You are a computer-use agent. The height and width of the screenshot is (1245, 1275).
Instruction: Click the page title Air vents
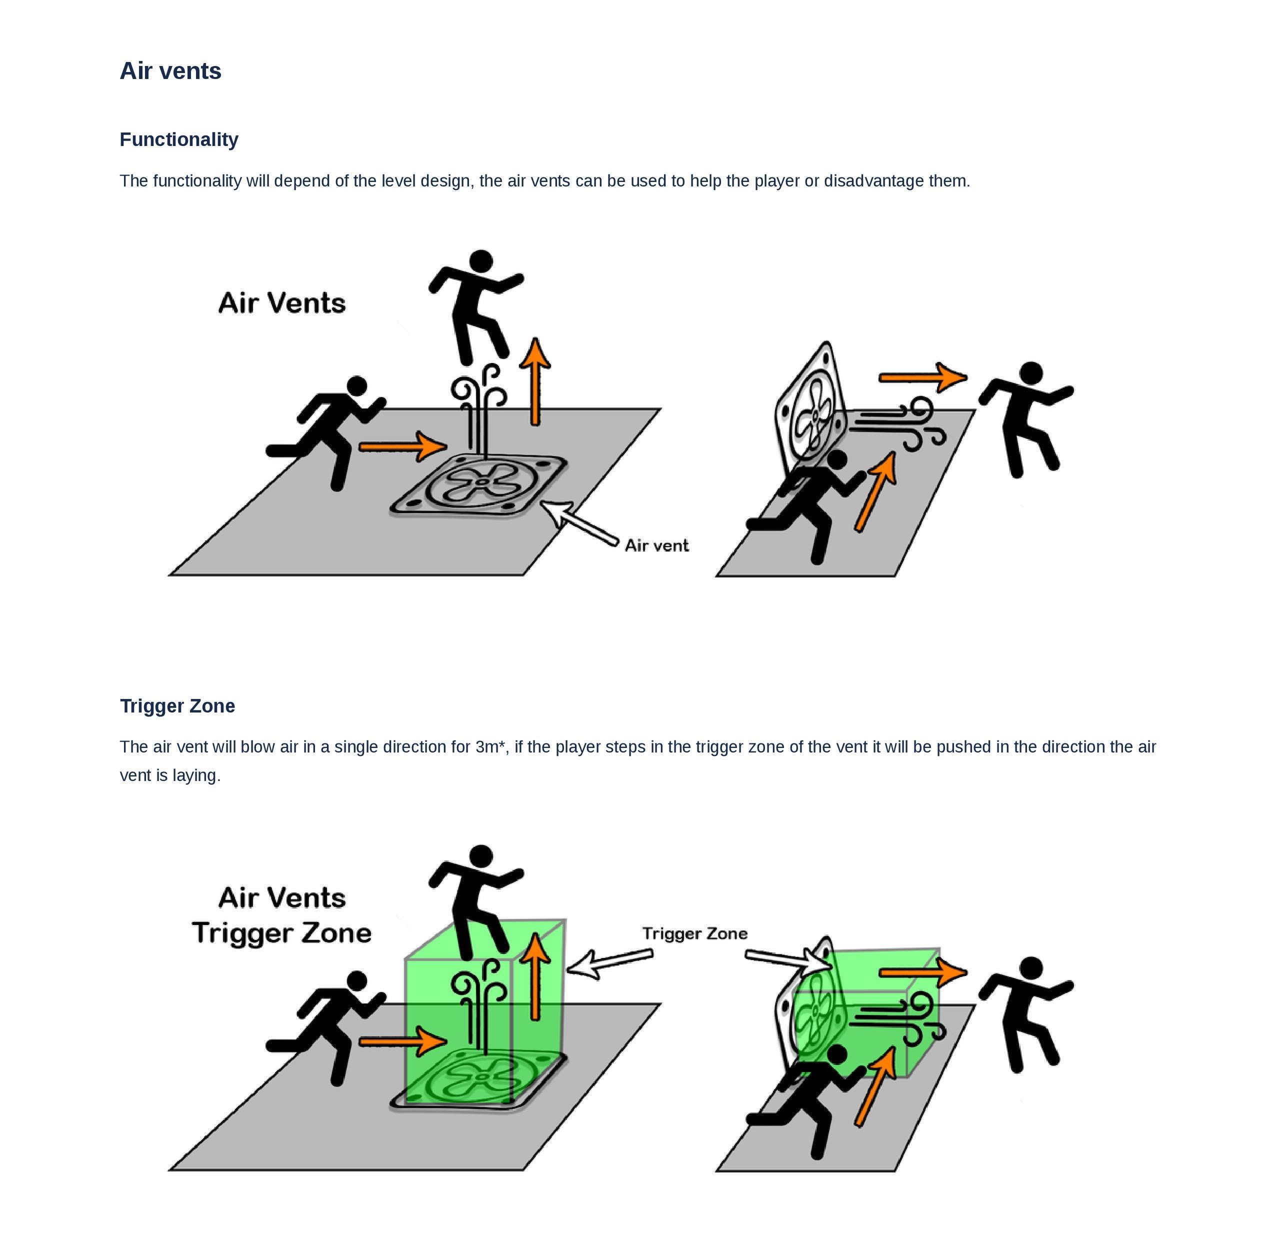(170, 70)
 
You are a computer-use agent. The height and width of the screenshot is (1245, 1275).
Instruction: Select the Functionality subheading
(179, 139)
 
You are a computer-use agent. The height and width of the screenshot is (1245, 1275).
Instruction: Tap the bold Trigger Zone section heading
(177, 705)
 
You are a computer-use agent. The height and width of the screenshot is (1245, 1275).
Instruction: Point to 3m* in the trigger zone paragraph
(490, 746)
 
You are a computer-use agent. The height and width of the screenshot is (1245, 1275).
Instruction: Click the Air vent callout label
(656, 545)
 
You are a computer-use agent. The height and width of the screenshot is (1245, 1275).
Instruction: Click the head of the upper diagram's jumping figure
(481, 261)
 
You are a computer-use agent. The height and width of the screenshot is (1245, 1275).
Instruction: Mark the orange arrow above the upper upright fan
(922, 377)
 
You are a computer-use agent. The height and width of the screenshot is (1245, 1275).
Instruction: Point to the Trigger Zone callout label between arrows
(694, 933)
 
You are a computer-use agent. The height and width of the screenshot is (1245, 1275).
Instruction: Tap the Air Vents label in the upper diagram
(282, 302)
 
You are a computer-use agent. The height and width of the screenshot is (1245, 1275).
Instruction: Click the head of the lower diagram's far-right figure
(1031, 968)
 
